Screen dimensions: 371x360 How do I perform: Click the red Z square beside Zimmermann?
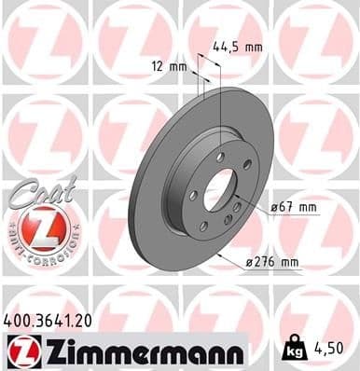18,350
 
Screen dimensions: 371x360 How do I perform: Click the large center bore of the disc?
221,191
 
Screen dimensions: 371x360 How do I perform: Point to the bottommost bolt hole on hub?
203,227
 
